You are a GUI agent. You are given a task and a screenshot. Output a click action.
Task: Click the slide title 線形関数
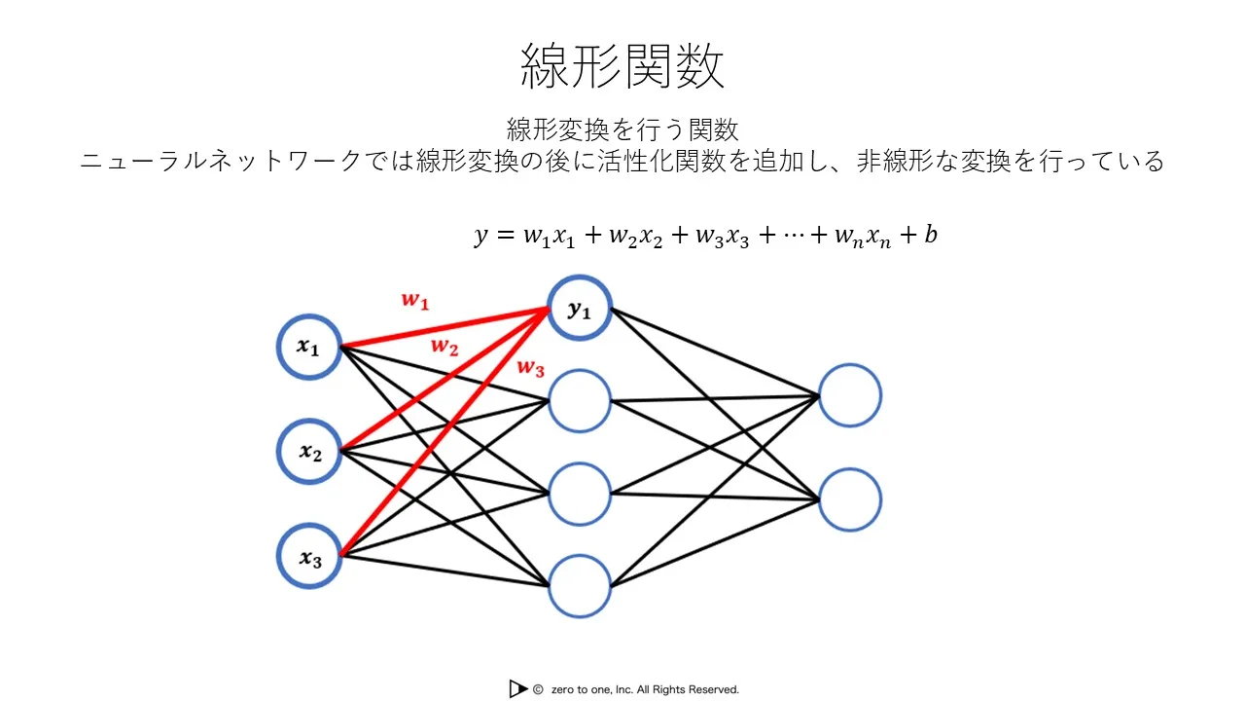click(622, 66)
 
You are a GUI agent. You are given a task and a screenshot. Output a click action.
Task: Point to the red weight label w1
click(415, 301)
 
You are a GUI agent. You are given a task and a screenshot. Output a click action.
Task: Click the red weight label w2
click(445, 347)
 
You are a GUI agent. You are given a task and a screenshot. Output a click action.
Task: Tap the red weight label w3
click(531, 368)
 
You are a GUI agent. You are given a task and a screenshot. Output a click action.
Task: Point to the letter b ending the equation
click(931, 234)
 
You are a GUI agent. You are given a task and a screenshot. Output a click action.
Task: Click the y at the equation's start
click(480, 236)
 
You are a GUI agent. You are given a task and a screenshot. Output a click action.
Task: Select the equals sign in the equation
click(505, 235)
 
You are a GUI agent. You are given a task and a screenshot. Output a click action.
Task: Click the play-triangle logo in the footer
click(519, 688)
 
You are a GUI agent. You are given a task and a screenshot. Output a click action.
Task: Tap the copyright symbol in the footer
click(538, 689)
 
